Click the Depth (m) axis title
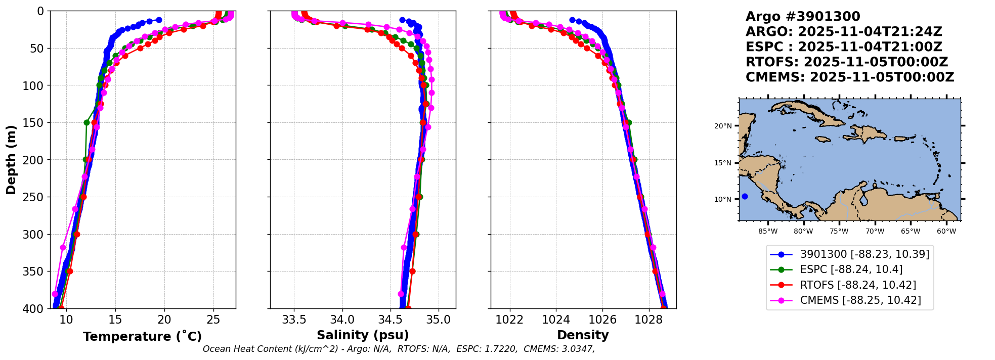11,160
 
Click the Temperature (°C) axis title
142,336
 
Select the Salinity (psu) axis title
363,335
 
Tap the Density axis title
583,335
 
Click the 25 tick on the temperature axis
213,320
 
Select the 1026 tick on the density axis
602,320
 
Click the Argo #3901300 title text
803,17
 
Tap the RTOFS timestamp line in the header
847,62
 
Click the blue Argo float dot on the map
745,196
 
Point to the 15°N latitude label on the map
723,163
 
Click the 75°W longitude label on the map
839,232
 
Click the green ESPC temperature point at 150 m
86,122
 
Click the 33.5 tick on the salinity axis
294,320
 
